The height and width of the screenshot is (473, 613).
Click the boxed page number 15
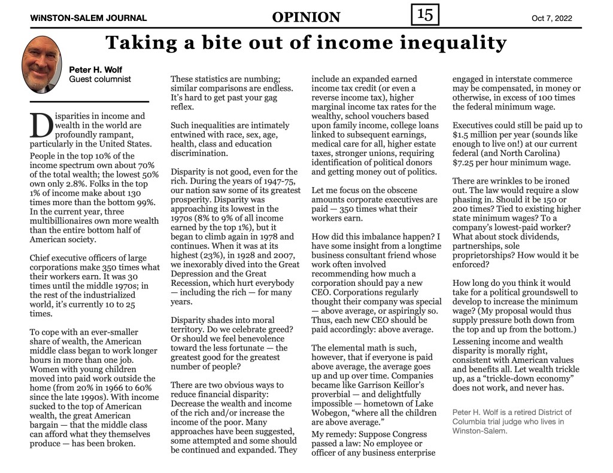425,14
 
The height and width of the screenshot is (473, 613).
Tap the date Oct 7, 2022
551,18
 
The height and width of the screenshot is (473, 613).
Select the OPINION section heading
305,17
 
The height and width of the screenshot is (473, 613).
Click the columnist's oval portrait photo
42,65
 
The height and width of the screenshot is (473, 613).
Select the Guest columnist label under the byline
100,79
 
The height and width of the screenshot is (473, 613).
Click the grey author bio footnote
512,421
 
